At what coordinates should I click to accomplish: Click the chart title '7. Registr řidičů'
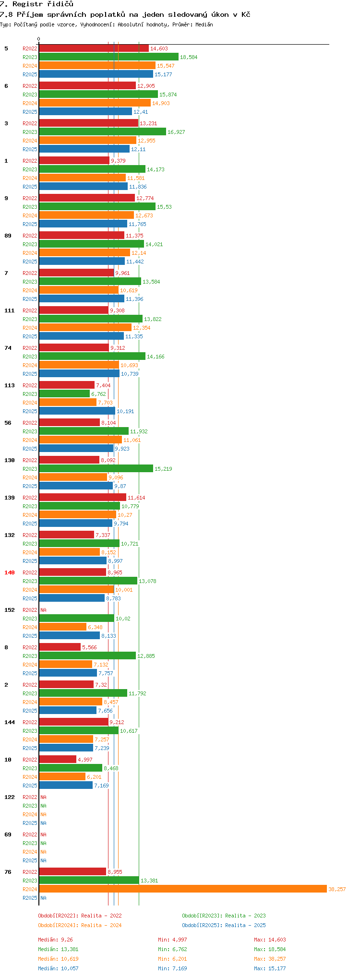pyautogui.click(x=36, y=4)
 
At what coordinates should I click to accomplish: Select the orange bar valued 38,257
pyautogui.click(x=182, y=889)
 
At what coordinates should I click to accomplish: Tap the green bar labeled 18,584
pyautogui.click(x=108, y=57)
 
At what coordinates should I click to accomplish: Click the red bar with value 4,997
pyautogui.click(x=58, y=760)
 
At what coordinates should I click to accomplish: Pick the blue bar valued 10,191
pyautogui.click(x=77, y=411)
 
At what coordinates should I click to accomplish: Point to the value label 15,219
pyautogui.click(x=163, y=469)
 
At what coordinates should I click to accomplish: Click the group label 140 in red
pyautogui.click(x=10, y=572)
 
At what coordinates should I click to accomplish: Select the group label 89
pyautogui.click(x=8, y=236)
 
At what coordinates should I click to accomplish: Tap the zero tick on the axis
pyautogui.click(x=39, y=39)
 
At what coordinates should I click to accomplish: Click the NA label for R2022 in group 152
pyautogui.click(x=43, y=610)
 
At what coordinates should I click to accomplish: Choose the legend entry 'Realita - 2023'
pyautogui.click(x=224, y=916)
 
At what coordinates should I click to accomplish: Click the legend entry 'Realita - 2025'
pyautogui.click(x=224, y=925)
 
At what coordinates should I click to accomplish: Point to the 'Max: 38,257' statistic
pyautogui.click(x=270, y=959)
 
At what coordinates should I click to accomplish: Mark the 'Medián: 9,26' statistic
pyautogui.click(x=56, y=940)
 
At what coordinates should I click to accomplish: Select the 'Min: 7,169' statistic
pyautogui.click(x=172, y=968)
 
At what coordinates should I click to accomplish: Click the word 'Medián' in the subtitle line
pyautogui.click(x=204, y=24)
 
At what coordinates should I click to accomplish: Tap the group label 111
pyautogui.click(x=10, y=310)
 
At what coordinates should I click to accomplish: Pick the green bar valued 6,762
pyautogui.click(x=64, y=394)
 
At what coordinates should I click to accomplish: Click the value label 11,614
pyautogui.click(x=136, y=498)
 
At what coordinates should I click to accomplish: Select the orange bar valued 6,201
pyautogui.click(x=62, y=777)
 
